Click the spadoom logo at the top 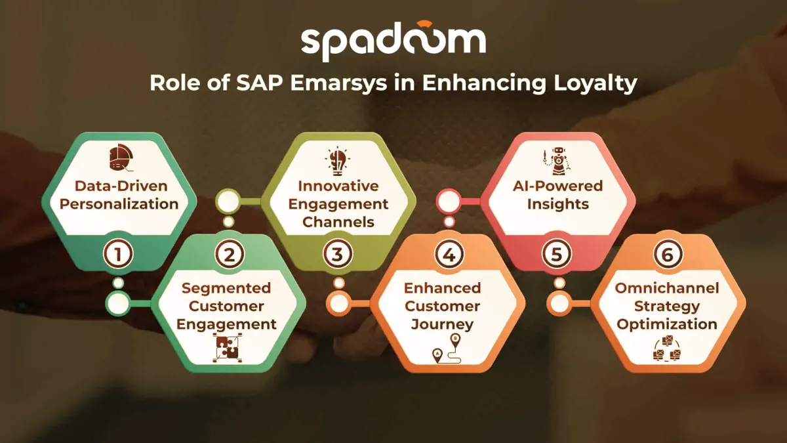click(x=393, y=41)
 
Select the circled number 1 click(x=118, y=254)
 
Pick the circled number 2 click(x=229, y=254)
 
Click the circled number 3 click(x=338, y=254)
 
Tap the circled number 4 click(x=449, y=254)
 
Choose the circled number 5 click(x=557, y=254)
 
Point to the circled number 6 click(x=668, y=254)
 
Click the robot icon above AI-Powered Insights click(x=557, y=161)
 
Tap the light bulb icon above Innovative click(x=338, y=161)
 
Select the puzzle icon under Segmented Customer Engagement click(x=227, y=348)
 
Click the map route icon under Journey click(x=447, y=348)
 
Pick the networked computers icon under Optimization click(x=667, y=348)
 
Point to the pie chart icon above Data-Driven click(x=121, y=158)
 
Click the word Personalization click(x=119, y=204)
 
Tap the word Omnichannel click(x=667, y=288)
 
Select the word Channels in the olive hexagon click(x=338, y=222)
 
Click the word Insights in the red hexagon click(x=558, y=204)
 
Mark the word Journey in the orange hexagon click(x=442, y=324)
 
